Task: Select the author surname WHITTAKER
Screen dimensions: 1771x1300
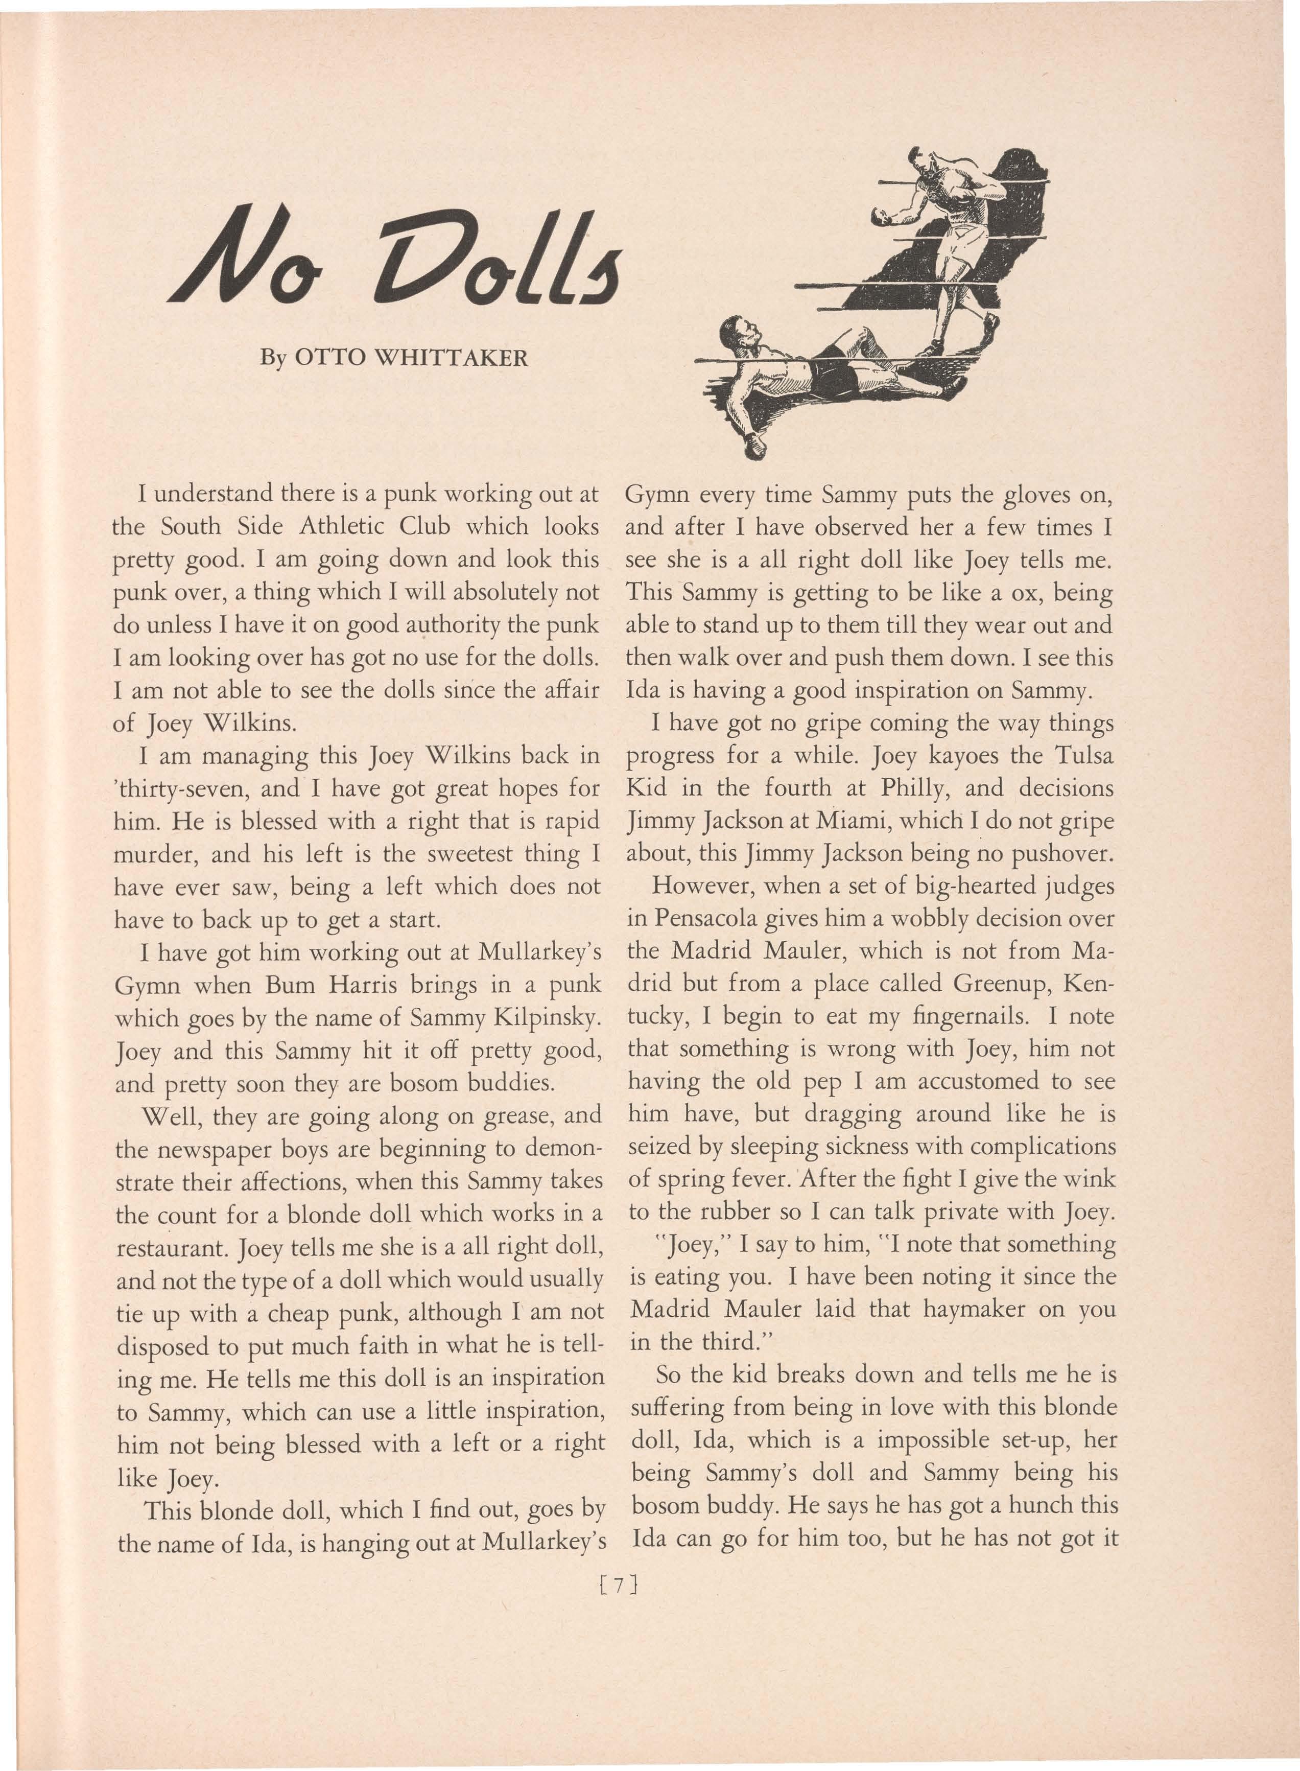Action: [450, 359]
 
